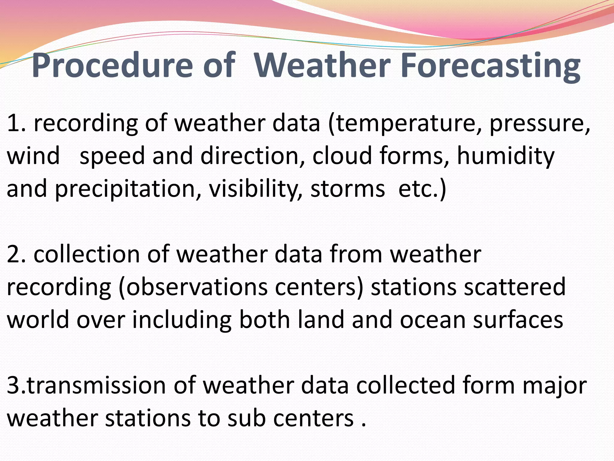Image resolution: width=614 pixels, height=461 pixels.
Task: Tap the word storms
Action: tap(347, 189)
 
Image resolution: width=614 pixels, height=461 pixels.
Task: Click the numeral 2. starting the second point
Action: tap(16, 255)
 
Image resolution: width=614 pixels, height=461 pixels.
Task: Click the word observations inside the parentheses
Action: tap(197, 288)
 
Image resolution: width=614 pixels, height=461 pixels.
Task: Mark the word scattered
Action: tap(514, 287)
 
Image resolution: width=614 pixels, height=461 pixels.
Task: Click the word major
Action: tap(555, 386)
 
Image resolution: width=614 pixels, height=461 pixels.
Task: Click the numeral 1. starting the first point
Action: tap(16, 124)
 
